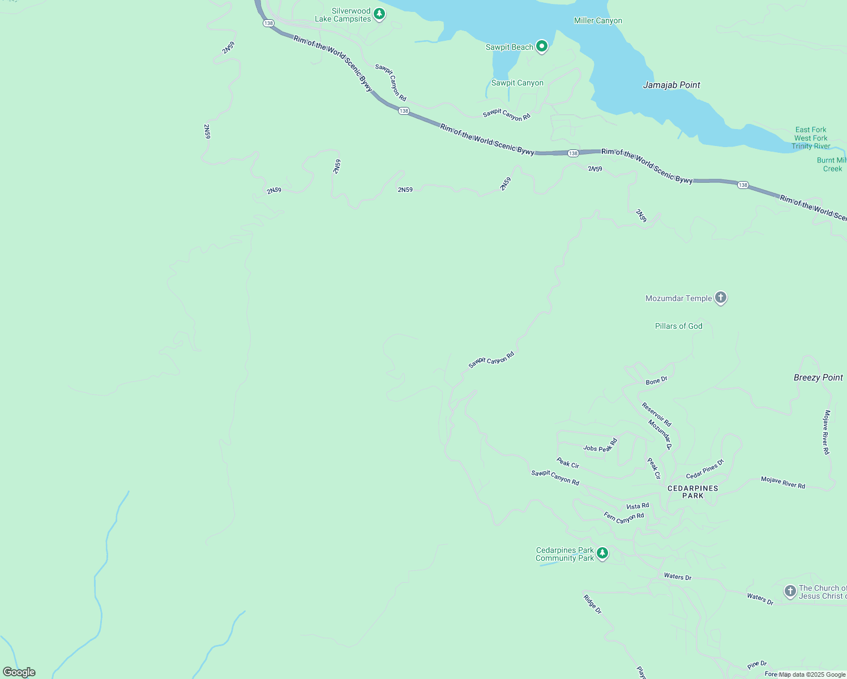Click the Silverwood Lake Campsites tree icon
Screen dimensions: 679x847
[379, 14]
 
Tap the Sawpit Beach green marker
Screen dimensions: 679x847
[542, 46]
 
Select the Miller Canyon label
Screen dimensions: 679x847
[598, 21]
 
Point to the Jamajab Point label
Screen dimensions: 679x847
[671, 85]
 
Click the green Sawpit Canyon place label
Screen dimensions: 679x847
[517, 83]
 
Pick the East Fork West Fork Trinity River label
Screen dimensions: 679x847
[811, 138]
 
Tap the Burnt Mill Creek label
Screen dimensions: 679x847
[832, 165]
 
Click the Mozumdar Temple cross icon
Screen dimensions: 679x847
[721, 297]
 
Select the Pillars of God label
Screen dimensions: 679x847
[678, 326]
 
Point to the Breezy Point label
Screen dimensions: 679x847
[818, 377]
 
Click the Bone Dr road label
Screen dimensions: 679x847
[657, 381]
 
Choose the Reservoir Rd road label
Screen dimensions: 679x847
[656, 414]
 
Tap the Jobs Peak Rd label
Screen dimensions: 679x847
[600, 446]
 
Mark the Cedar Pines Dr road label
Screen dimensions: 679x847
[705, 469]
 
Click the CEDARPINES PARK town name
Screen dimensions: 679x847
[692, 492]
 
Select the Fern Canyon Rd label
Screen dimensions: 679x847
[624, 517]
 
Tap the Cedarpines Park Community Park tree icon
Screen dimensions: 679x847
[602, 553]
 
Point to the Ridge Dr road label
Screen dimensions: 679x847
[592, 604]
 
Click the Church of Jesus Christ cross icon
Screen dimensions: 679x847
[790, 591]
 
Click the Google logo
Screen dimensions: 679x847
[19, 672]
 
